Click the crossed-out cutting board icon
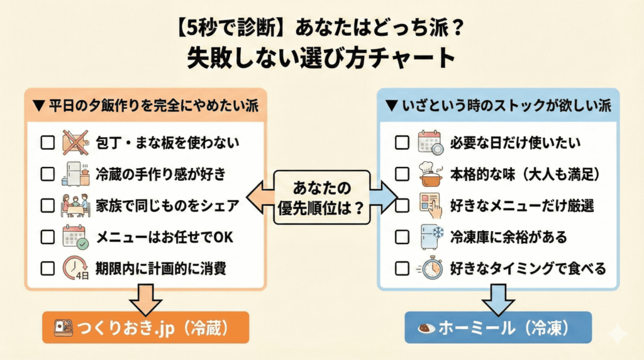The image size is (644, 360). (76, 143)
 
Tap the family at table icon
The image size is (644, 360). (76, 206)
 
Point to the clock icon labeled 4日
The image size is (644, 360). (76, 269)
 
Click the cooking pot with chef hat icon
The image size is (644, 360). (431, 174)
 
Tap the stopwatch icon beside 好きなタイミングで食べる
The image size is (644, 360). (430, 269)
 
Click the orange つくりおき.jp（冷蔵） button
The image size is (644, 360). (145, 327)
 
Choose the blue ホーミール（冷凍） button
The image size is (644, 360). (498, 327)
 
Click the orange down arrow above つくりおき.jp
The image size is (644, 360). (145, 299)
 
